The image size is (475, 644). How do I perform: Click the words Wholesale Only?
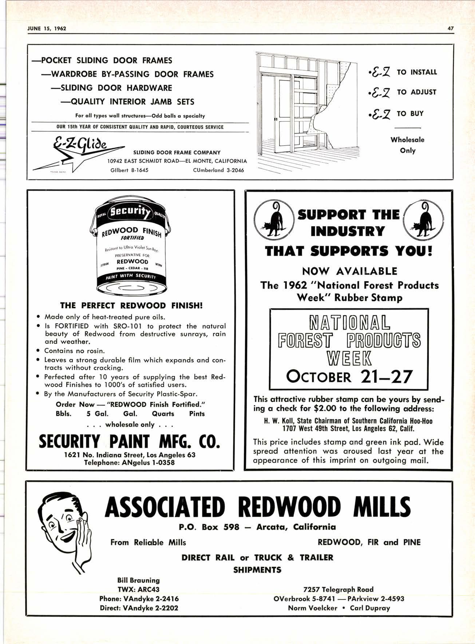[x=407, y=145]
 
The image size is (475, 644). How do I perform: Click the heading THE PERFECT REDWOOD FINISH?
[x=131, y=305]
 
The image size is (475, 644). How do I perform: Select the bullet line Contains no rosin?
[x=74, y=351]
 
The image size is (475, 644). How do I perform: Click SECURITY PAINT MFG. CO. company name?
[x=130, y=442]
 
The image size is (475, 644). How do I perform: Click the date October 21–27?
[x=349, y=376]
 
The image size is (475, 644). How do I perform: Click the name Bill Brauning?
[x=138, y=580]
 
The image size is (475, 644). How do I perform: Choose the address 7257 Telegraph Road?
[x=338, y=589]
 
